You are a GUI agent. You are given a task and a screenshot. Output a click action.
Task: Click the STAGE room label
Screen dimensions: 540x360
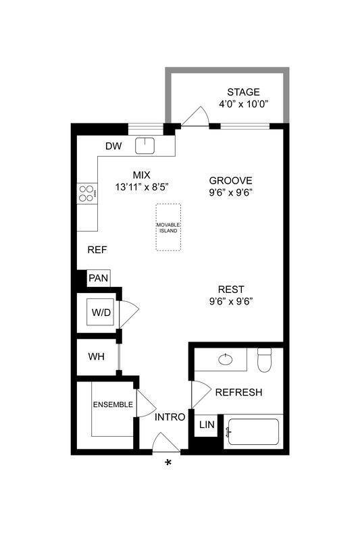click(x=243, y=92)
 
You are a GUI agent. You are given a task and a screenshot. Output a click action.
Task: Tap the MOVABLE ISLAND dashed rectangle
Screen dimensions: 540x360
click(x=168, y=227)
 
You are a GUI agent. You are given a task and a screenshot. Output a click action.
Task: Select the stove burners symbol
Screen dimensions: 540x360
click(x=86, y=194)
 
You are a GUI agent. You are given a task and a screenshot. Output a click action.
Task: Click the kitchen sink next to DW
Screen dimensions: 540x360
click(x=145, y=145)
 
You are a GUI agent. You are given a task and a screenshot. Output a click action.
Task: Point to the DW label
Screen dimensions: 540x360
click(x=113, y=146)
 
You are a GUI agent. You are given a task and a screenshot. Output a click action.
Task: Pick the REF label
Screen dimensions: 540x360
click(x=98, y=250)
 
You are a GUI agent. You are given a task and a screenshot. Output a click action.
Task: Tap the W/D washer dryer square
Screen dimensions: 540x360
click(x=101, y=312)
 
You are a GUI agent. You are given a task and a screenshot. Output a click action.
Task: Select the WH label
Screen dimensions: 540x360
click(x=95, y=355)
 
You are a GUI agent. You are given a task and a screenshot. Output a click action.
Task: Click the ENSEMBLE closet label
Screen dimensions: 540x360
click(x=113, y=405)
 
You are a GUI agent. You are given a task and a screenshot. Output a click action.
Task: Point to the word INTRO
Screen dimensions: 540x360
click(x=170, y=417)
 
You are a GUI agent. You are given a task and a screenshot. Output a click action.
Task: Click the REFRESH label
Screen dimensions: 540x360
click(x=238, y=392)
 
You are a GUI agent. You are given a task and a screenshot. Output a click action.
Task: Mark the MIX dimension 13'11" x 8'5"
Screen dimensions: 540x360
click(x=141, y=186)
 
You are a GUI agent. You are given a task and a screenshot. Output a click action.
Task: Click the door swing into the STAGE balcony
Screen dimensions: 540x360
click(x=196, y=117)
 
